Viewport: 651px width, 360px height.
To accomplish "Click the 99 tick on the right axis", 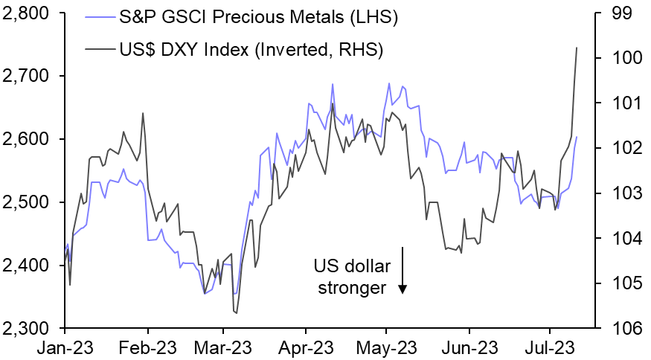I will [x=620, y=13].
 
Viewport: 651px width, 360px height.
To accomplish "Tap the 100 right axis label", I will [x=624, y=59].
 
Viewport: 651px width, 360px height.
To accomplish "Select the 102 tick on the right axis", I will [x=624, y=149].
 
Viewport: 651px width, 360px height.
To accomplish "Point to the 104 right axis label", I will [x=624, y=239].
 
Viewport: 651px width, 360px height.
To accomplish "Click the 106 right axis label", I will [x=624, y=328].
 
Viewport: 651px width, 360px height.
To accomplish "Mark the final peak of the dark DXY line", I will [x=577, y=48].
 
